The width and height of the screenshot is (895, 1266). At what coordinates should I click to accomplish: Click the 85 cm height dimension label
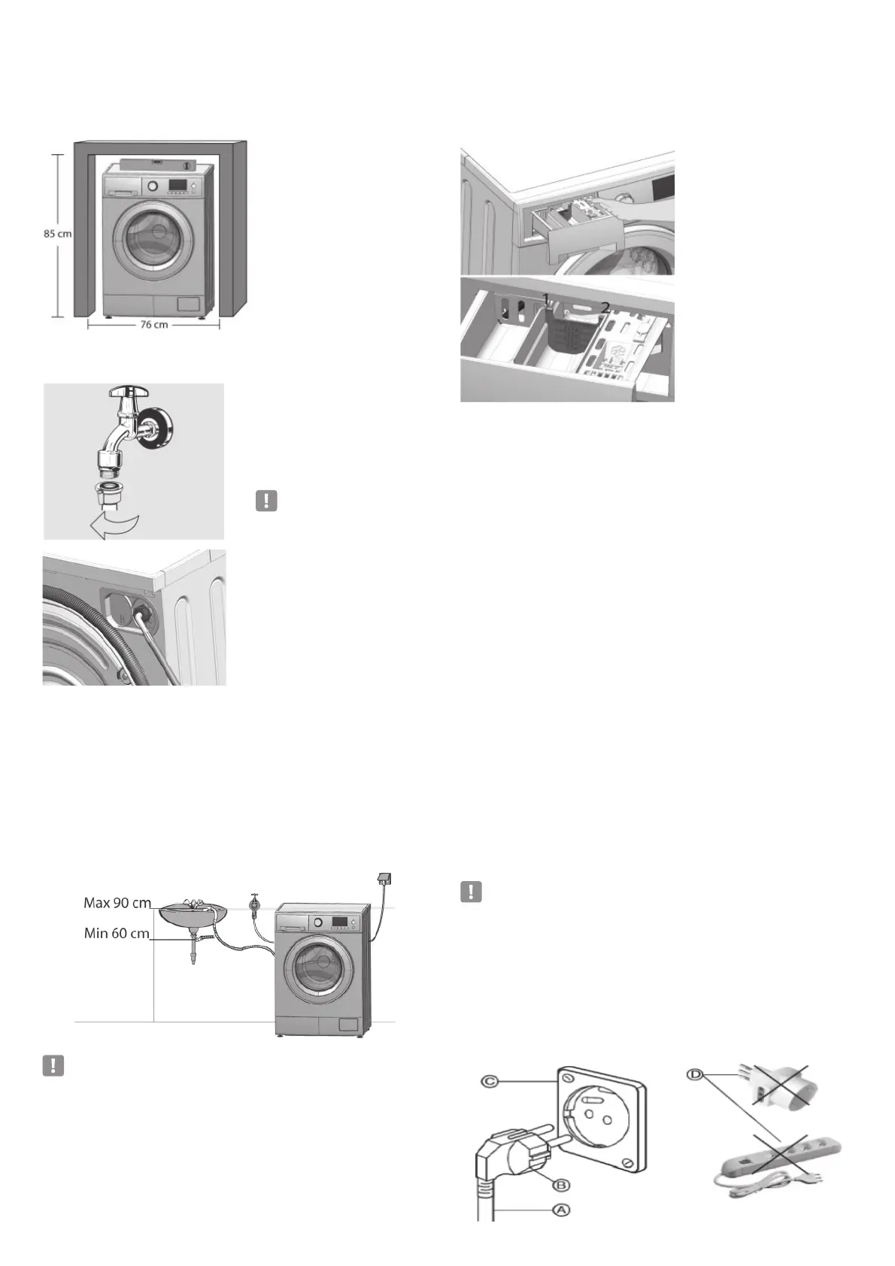56,234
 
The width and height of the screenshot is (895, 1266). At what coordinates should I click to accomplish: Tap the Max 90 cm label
117,902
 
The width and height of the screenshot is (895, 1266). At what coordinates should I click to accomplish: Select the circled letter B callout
560,1186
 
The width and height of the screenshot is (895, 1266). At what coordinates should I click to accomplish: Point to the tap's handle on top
132,392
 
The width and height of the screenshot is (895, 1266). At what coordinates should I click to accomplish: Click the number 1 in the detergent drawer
546,298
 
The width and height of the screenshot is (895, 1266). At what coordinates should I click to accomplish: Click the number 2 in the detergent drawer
605,307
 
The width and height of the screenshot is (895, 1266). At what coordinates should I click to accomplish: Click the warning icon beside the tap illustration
267,501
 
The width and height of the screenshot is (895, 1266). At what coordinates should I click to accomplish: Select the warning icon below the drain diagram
53,1066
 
